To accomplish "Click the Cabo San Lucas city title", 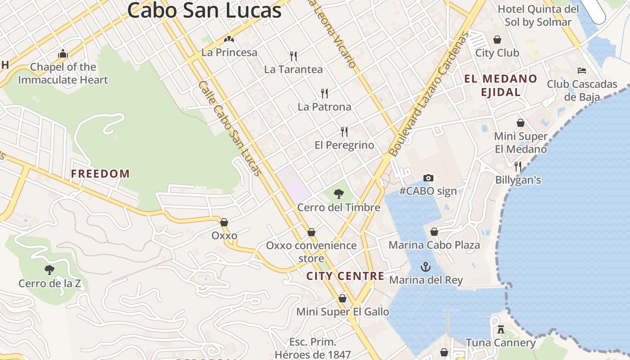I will pos(204,10).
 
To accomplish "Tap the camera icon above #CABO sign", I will pos(428,178).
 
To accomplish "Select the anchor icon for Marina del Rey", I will pos(425,267).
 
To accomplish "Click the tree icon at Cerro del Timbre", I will pos(339,194).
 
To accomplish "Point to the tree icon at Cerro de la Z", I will pos(49,270).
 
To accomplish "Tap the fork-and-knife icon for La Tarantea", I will pos(293,56).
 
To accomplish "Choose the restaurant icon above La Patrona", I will pos(324,94).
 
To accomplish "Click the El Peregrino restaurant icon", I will pos(344,132).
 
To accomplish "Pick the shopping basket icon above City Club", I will pos(497,40).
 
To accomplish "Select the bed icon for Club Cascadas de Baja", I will pos(581,71).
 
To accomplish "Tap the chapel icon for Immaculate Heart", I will pos(63,54).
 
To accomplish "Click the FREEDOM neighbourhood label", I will pos(100,174).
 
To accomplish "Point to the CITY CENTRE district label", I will pos(345,276).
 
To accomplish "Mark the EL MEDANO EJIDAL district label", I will pos(500,85).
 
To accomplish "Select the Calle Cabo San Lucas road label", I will pos(229,128).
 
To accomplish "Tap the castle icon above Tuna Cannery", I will pos(500,329).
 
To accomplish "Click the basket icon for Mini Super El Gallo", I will pos(342,298).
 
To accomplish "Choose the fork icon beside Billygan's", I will pos(518,166).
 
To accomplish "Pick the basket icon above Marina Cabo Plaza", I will pos(434,232).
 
